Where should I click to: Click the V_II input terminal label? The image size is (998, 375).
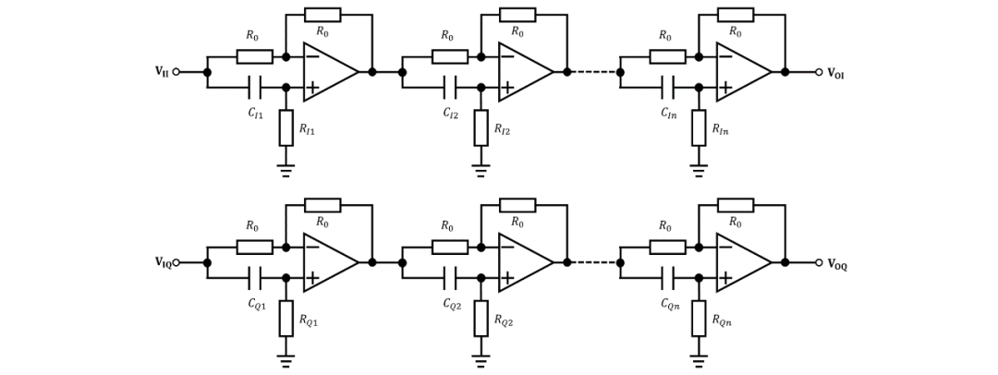pyautogui.click(x=161, y=72)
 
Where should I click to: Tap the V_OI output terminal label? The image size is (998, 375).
pyautogui.click(x=834, y=73)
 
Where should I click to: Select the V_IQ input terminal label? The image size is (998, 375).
pyautogui.click(x=162, y=262)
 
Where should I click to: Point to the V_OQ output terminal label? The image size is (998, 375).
pyautogui.click(x=836, y=264)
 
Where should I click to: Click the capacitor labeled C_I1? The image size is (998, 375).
pyautogui.click(x=255, y=88)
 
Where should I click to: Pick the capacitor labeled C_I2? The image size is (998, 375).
pyautogui.click(x=450, y=88)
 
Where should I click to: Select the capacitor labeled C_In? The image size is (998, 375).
pyautogui.click(x=668, y=88)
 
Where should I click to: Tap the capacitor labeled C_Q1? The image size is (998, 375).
pyautogui.click(x=255, y=278)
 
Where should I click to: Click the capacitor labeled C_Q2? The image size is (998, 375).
pyautogui.click(x=450, y=278)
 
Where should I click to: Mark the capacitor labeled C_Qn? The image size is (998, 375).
pyautogui.click(x=668, y=278)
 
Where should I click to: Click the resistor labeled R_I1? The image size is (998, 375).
pyautogui.click(x=286, y=127)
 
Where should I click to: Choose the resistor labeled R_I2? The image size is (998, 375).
pyautogui.click(x=481, y=127)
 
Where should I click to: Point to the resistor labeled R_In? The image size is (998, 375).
pyautogui.click(x=699, y=127)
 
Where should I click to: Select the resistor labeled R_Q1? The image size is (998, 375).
pyautogui.click(x=286, y=318)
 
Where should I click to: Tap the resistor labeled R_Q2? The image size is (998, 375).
pyautogui.click(x=481, y=318)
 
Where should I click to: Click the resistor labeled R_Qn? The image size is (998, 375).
pyautogui.click(x=699, y=318)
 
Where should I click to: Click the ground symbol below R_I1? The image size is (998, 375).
pyautogui.click(x=286, y=170)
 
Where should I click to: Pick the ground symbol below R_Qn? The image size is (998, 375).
pyautogui.click(x=699, y=360)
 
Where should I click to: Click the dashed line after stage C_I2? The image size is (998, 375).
pyautogui.click(x=593, y=72)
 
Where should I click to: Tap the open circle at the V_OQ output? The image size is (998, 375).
pyautogui.click(x=819, y=262)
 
